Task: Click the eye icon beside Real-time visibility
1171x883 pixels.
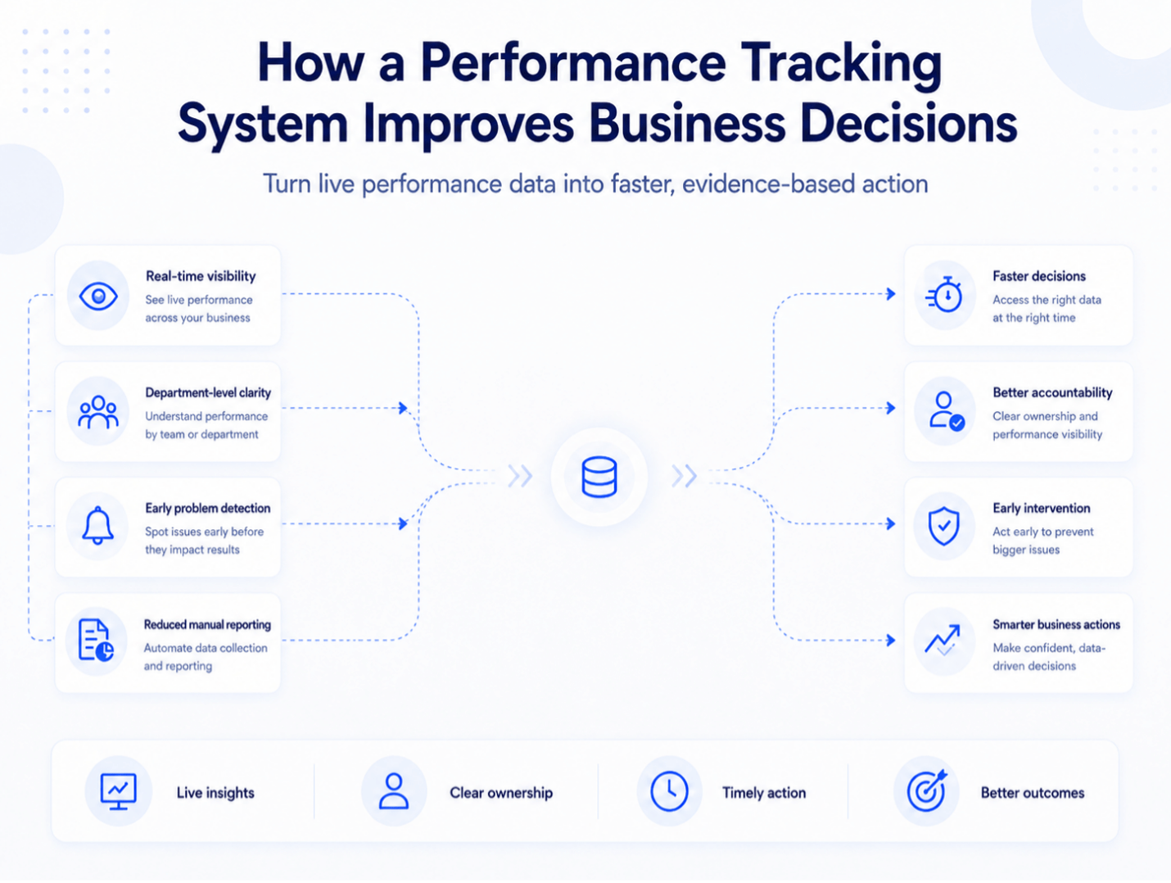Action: click(98, 297)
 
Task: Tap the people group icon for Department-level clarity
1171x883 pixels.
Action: click(98, 412)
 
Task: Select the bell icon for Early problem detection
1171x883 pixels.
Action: click(97, 526)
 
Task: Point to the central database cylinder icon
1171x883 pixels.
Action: click(599, 477)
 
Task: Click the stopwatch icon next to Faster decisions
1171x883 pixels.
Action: click(944, 295)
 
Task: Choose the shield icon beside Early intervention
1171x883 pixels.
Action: click(943, 526)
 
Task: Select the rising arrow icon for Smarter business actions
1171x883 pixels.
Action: click(943, 640)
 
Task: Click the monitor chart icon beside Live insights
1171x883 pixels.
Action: click(119, 791)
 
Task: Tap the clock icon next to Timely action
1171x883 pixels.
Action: click(669, 791)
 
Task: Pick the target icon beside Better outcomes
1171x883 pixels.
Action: click(927, 790)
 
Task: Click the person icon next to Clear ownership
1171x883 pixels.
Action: click(394, 791)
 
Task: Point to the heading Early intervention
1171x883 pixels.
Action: click(1042, 508)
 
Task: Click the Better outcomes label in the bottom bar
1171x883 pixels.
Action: click(1033, 793)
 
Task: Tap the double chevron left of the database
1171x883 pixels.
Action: click(520, 476)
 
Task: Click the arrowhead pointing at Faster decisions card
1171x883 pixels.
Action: click(891, 294)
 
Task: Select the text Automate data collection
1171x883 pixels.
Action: click(206, 648)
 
